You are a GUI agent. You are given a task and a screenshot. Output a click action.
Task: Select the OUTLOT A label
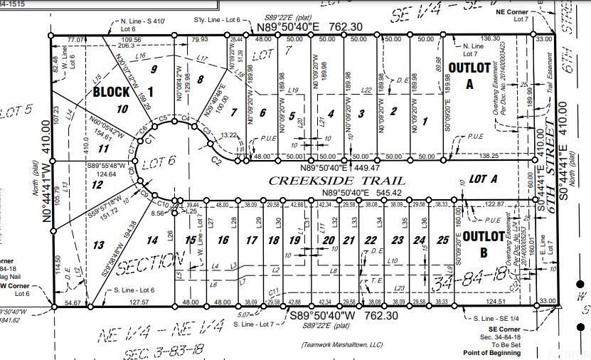coord(464,74)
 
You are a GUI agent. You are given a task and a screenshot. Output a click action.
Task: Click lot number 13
coord(99,245)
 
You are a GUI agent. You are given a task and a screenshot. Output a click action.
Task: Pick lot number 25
coord(444,240)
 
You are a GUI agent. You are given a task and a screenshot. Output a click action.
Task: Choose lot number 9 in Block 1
coord(153,69)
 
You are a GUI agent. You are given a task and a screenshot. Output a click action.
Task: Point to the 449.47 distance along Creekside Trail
coord(366,168)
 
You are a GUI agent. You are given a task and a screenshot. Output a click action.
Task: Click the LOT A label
coord(482,179)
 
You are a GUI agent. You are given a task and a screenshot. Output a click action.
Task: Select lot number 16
coord(223,240)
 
